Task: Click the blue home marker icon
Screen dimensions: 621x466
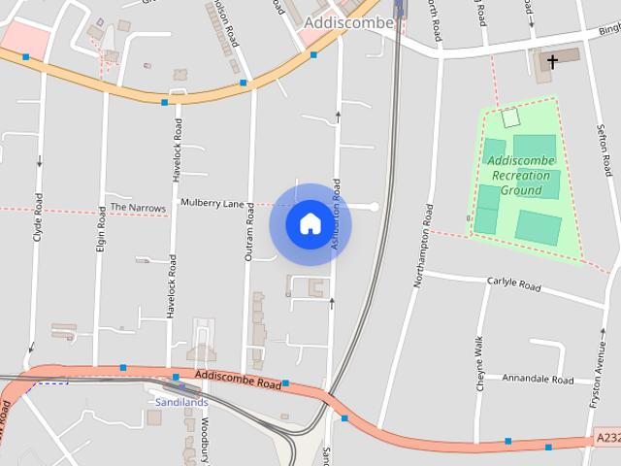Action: coord(310,223)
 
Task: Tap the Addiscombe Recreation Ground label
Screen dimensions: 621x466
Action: coord(521,175)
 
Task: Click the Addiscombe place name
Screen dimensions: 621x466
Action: coord(344,21)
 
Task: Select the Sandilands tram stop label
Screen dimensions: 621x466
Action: coord(181,402)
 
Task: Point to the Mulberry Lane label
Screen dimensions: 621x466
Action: coord(212,203)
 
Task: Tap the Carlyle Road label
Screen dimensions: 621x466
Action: coord(513,285)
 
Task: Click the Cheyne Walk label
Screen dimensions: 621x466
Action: coord(478,362)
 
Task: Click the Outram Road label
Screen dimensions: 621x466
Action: coord(249,237)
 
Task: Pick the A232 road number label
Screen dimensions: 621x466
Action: coord(607,438)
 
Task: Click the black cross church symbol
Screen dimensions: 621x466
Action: coord(552,61)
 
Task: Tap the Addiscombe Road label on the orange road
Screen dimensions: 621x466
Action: coord(238,380)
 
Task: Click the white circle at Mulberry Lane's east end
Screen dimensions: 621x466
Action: coord(374,206)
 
